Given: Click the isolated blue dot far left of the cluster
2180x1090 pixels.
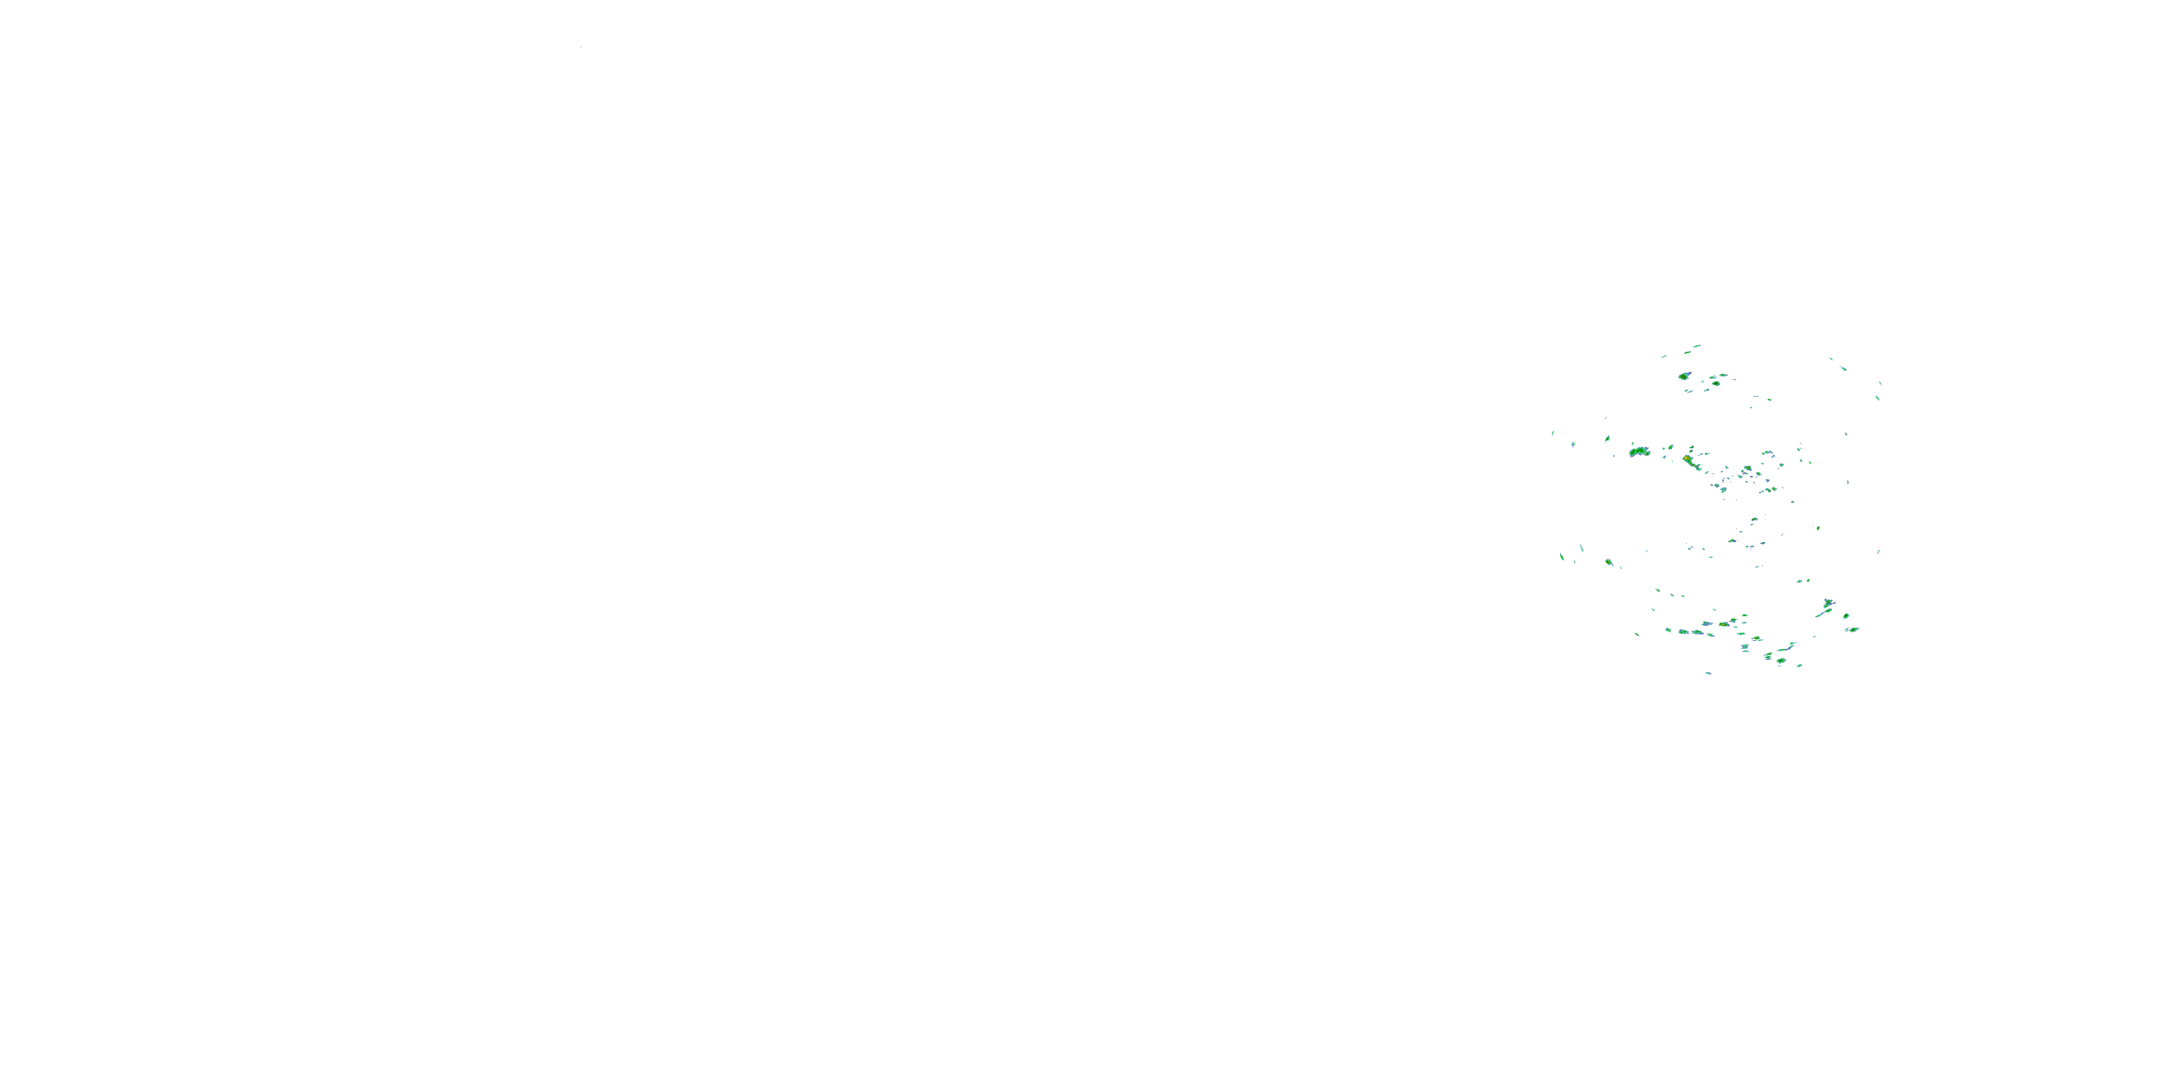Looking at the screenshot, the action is point(581,47).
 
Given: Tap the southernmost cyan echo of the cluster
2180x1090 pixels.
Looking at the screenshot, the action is point(1708,673).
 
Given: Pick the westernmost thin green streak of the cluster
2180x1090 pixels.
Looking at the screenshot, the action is point(1552,433).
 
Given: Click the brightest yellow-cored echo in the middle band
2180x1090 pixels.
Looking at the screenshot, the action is point(1687,459).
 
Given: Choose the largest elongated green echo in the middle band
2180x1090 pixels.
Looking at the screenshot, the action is point(1639,452).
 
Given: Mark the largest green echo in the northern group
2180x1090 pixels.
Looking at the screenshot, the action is point(1684,376).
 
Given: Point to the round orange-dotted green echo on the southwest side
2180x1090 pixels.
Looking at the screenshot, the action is point(1608,562).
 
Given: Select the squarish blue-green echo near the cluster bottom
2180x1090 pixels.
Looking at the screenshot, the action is point(1745,647).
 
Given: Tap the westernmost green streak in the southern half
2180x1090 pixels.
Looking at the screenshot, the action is point(1562,556).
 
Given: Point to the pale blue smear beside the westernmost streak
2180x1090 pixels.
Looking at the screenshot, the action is point(1573,443).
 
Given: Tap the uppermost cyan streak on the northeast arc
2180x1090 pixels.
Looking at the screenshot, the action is point(1832,359).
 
